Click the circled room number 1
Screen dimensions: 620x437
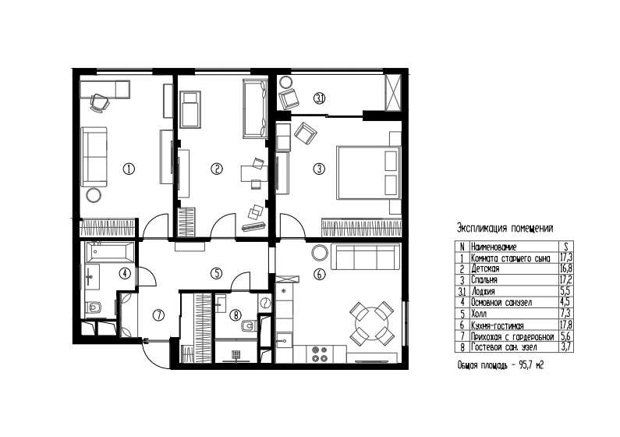tap(129, 169)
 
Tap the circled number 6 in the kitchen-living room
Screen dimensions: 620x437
tap(320, 274)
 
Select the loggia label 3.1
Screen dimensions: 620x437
tap(319, 98)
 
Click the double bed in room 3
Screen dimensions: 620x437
tap(369, 172)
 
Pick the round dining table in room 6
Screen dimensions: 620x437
tap(371, 324)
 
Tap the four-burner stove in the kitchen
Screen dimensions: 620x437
tap(320, 354)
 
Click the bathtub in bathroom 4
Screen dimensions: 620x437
tap(110, 252)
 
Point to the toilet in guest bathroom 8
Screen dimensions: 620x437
tap(247, 326)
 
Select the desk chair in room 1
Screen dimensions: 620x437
tap(99, 103)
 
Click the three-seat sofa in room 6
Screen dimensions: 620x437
tap(365, 257)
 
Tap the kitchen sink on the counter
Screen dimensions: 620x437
tap(285, 339)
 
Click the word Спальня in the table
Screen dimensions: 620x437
tap(484, 280)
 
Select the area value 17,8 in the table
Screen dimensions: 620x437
tap(566, 325)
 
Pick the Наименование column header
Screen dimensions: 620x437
tap(494, 247)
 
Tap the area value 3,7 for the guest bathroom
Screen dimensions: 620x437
tap(566, 347)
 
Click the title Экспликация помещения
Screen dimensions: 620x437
tap(505, 228)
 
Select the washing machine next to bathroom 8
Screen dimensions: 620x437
tap(264, 303)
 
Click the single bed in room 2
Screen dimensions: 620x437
tap(190, 108)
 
